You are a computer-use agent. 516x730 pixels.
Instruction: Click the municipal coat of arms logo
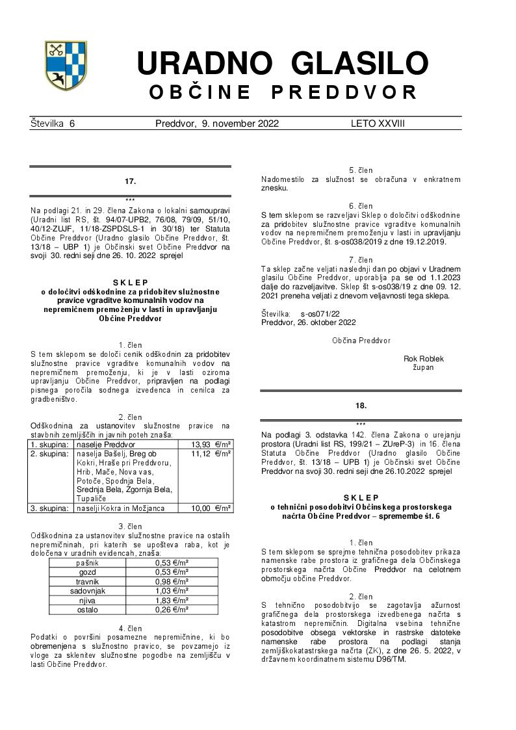(x=66, y=65)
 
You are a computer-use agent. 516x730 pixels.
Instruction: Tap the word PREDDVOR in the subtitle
(x=344, y=93)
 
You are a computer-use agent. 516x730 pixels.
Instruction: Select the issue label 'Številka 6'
(x=53, y=124)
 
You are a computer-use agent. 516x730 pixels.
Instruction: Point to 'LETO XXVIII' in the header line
(x=378, y=124)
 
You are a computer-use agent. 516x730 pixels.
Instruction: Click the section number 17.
(x=130, y=181)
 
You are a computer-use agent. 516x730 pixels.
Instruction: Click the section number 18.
(x=361, y=406)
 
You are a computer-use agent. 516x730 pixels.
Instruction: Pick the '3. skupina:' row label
(x=51, y=508)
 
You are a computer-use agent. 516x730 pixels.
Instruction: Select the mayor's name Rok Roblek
(x=424, y=358)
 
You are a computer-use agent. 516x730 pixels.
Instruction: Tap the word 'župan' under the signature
(x=424, y=367)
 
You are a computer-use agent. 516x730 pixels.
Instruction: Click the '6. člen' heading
(x=361, y=206)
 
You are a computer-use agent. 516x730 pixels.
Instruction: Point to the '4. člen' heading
(x=130, y=628)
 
